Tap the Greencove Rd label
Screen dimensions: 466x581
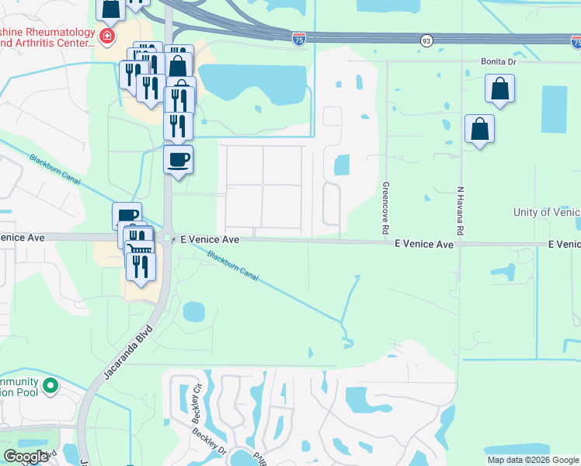(384, 209)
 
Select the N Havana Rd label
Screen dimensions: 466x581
(460, 210)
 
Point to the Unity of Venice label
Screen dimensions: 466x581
(546, 213)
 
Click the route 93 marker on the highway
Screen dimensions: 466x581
(426, 40)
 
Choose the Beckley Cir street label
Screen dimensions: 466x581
(197, 397)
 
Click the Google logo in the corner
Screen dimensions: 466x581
(26, 457)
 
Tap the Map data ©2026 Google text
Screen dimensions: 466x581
(533, 460)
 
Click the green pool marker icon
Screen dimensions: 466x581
(50, 384)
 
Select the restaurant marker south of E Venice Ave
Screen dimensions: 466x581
(141, 266)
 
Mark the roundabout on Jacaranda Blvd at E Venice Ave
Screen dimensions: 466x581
(168, 238)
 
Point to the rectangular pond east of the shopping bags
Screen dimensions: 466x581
(554, 110)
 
